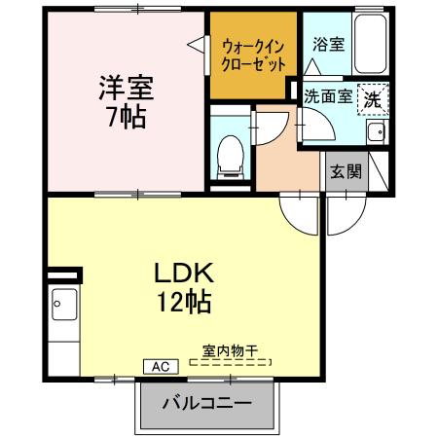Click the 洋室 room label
126,87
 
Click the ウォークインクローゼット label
254,55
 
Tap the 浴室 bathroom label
327,45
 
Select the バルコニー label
206,402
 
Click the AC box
159,366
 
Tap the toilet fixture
231,154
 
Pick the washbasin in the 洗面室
376,132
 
